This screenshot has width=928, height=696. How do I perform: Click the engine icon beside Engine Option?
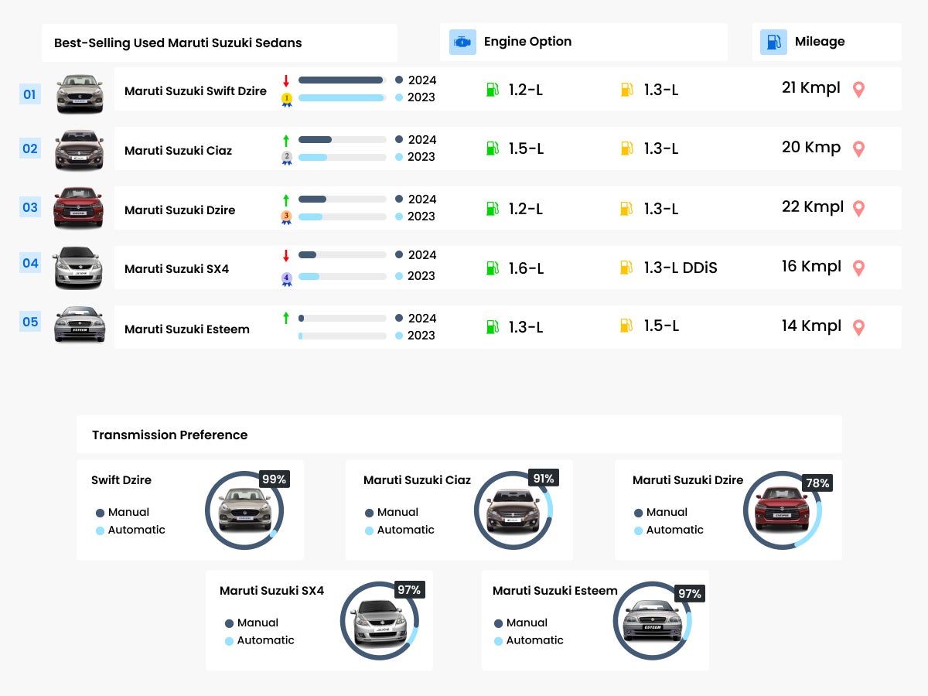(x=462, y=42)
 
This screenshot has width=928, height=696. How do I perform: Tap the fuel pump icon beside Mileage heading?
(x=773, y=42)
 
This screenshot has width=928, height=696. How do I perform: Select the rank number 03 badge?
(x=29, y=207)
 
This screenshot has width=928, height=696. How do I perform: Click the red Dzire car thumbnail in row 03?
(x=78, y=207)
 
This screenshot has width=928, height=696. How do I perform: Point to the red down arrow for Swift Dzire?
(x=286, y=80)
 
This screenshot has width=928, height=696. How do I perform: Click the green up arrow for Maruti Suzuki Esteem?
(x=286, y=318)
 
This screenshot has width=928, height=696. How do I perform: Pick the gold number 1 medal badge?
(x=286, y=99)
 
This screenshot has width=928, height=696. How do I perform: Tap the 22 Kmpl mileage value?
(x=812, y=207)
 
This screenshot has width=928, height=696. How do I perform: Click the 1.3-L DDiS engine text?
(x=681, y=268)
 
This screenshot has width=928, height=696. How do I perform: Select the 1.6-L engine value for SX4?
(x=526, y=268)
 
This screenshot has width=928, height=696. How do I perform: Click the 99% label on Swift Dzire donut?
(x=274, y=479)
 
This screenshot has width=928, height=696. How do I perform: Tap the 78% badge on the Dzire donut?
(x=817, y=483)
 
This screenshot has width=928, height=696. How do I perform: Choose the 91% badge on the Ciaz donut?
(x=543, y=479)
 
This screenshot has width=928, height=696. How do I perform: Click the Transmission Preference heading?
(x=169, y=435)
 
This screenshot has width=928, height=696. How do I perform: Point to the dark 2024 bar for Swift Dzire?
(x=340, y=80)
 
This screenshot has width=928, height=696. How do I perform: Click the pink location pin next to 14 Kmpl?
(x=858, y=327)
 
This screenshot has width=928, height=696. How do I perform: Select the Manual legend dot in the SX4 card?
(x=229, y=623)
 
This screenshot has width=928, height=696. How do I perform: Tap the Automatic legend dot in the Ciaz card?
(x=369, y=531)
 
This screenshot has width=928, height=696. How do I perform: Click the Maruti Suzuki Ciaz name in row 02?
(x=178, y=151)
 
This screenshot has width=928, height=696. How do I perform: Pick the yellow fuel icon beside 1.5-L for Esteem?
(x=626, y=326)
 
